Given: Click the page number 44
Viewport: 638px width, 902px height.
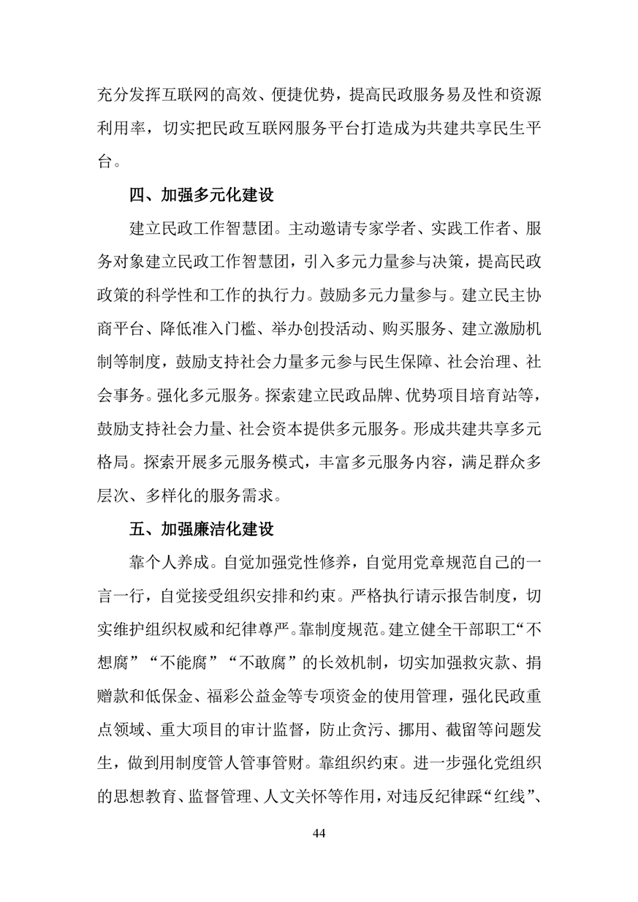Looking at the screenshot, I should (318, 834).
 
